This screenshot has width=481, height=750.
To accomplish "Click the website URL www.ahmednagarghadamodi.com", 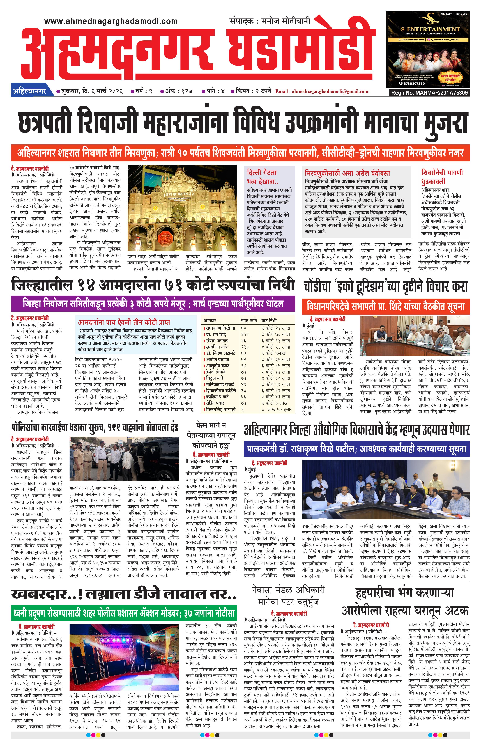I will pos(111,21).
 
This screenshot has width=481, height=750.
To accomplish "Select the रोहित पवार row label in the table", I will pos(215,403).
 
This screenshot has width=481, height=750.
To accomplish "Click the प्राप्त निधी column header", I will pos(269,320).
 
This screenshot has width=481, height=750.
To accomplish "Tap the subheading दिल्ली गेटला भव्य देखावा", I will pos(262,177).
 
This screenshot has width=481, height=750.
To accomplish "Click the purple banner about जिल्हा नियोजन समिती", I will pos(153,304).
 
